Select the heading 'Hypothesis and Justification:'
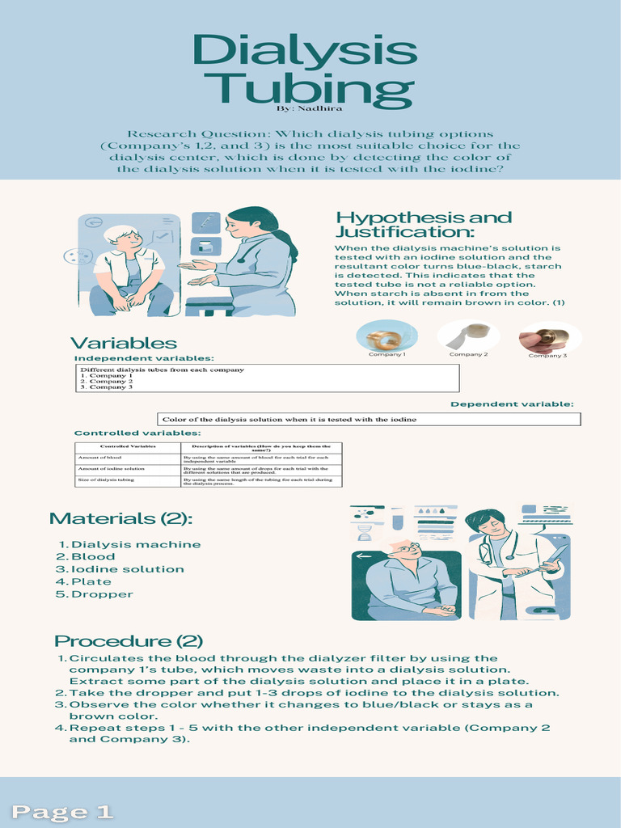tap(423, 226)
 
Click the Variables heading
tap(123, 344)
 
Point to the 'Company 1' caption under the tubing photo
tap(387, 354)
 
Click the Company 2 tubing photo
tap(468, 336)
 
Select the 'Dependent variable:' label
tap(511, 404)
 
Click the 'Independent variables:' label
tap(144, 357)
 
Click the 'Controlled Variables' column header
tap(127, 446)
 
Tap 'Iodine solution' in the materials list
tap(128, 569)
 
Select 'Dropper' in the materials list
tap(102, 594)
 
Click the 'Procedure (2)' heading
tap(128, 641)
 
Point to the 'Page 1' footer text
tap(62, 811)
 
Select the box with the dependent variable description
tap(369, 419)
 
